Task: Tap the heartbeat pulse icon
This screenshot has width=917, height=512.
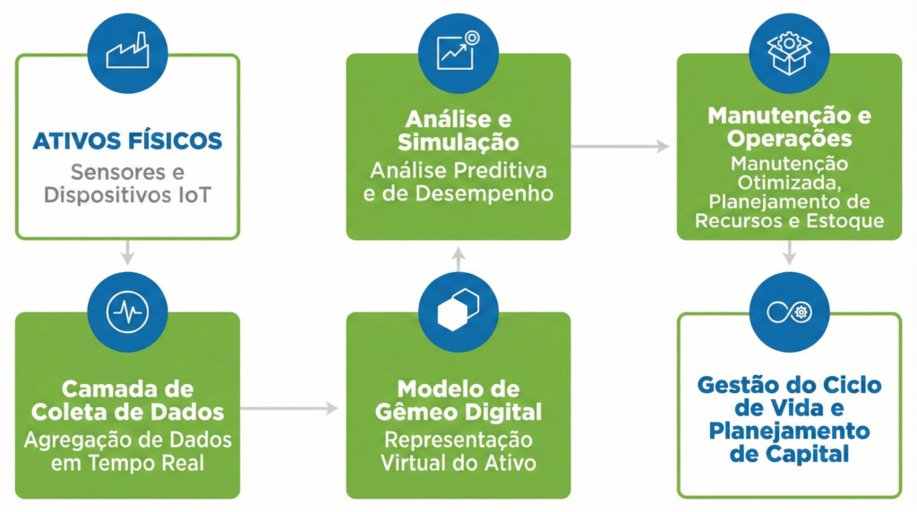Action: click(x=127, y=312)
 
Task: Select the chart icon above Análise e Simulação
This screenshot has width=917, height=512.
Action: click(x=458, y=52)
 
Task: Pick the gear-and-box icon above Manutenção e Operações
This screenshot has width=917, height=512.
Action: click(x=789, y=52)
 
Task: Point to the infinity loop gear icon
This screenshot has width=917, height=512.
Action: click(x=789, y=311)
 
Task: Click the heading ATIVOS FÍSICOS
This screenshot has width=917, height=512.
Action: click(x=127, y=141)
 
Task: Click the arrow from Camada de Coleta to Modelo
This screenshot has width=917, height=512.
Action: click(x=291, y=408)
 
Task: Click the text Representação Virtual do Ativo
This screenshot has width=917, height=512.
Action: click(x=458, y=451)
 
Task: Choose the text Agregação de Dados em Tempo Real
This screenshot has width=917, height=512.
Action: click(x=127, y=451)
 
